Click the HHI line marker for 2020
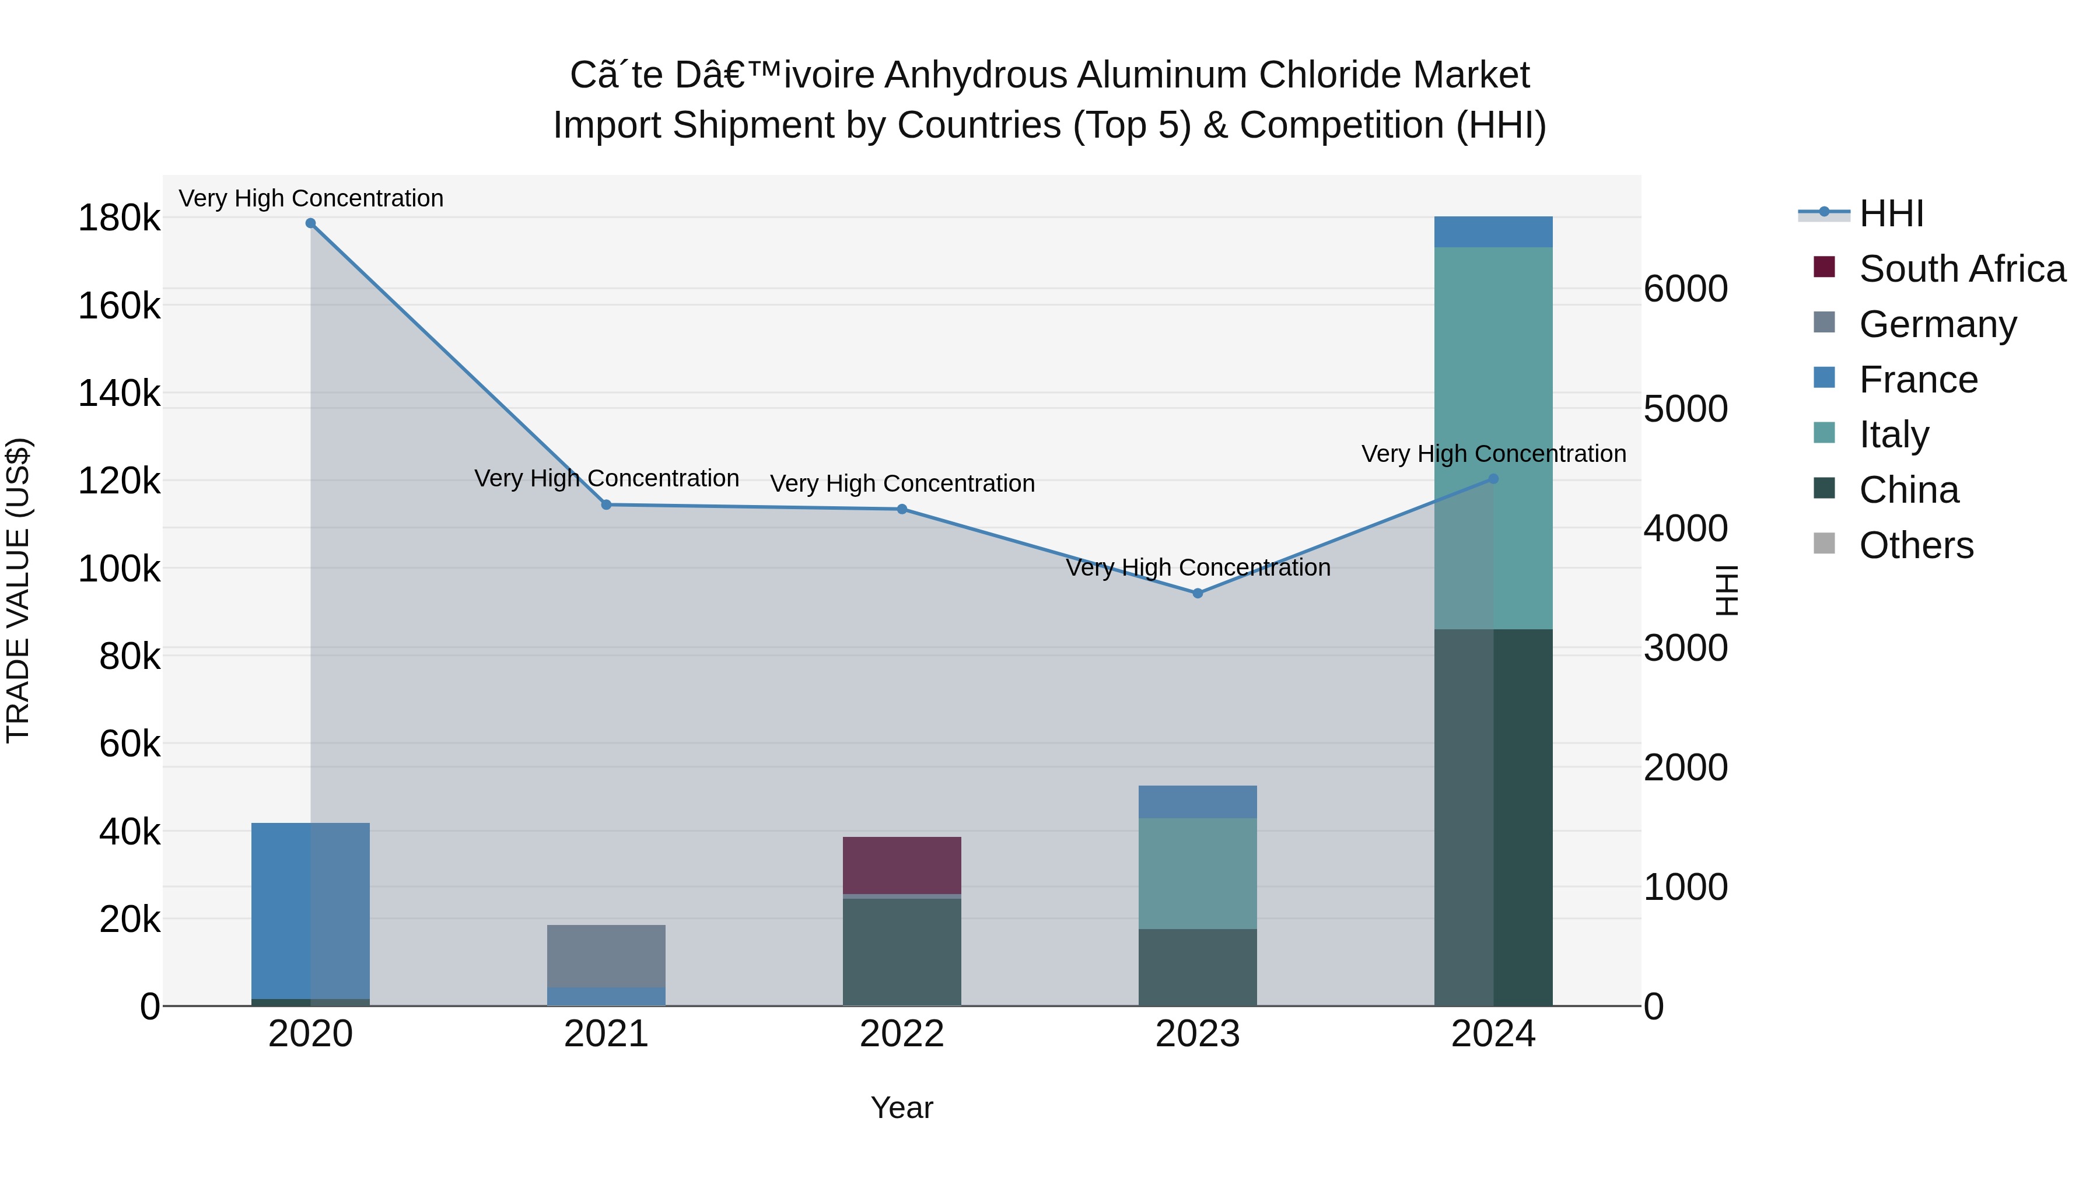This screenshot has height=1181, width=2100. (x=310, y=223)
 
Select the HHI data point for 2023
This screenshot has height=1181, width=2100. (x=1198, y=593)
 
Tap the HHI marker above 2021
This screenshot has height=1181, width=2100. (x=607, y=504)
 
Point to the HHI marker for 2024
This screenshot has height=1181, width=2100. (x=1493, y=479)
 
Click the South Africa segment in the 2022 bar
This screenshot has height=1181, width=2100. (x=902, y=865)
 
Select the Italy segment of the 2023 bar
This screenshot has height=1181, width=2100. (x=1198, y=873)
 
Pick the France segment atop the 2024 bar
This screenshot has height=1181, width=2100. (x=1493, y=232)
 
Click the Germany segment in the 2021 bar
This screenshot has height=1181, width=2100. (x=607, y=955)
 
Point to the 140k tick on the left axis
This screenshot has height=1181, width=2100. (x=119, y=394)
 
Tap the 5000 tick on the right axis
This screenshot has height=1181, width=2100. (x=1685, y=409)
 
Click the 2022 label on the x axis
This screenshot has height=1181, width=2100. (x=902, y=1034)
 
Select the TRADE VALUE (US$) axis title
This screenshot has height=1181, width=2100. (x=18, y=590)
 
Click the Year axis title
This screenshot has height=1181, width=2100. (x=902, y=1108)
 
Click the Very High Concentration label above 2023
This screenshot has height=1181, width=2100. (x=1198, y=567)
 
